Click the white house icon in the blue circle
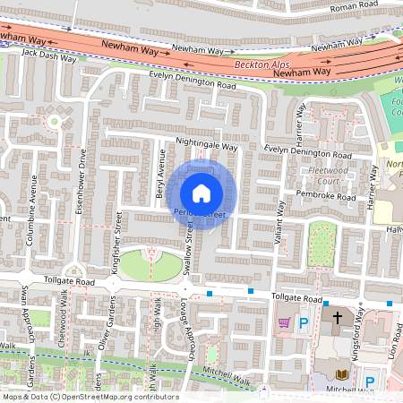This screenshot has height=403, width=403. (x=201, y=193)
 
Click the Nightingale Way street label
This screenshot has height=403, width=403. (x=207, y=145)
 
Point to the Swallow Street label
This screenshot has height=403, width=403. (x=189, y=244)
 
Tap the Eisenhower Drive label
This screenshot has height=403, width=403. (x=83, y=176)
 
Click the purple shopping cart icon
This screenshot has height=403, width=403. (x=285, y=322)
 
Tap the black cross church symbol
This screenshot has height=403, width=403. (x=339, y=318)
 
